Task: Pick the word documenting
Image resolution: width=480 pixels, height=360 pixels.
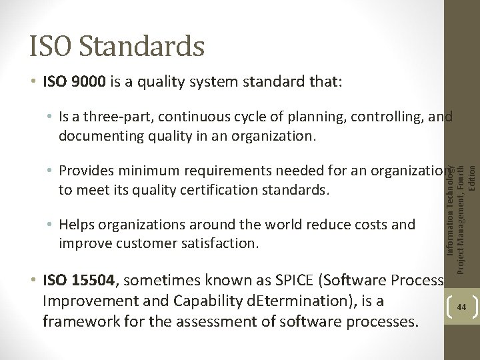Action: click(x=99, y=136)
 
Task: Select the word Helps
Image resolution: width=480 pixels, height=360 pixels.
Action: click(x=78, y=225)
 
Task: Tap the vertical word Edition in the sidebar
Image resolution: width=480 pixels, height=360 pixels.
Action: click(x=472, y=178)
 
